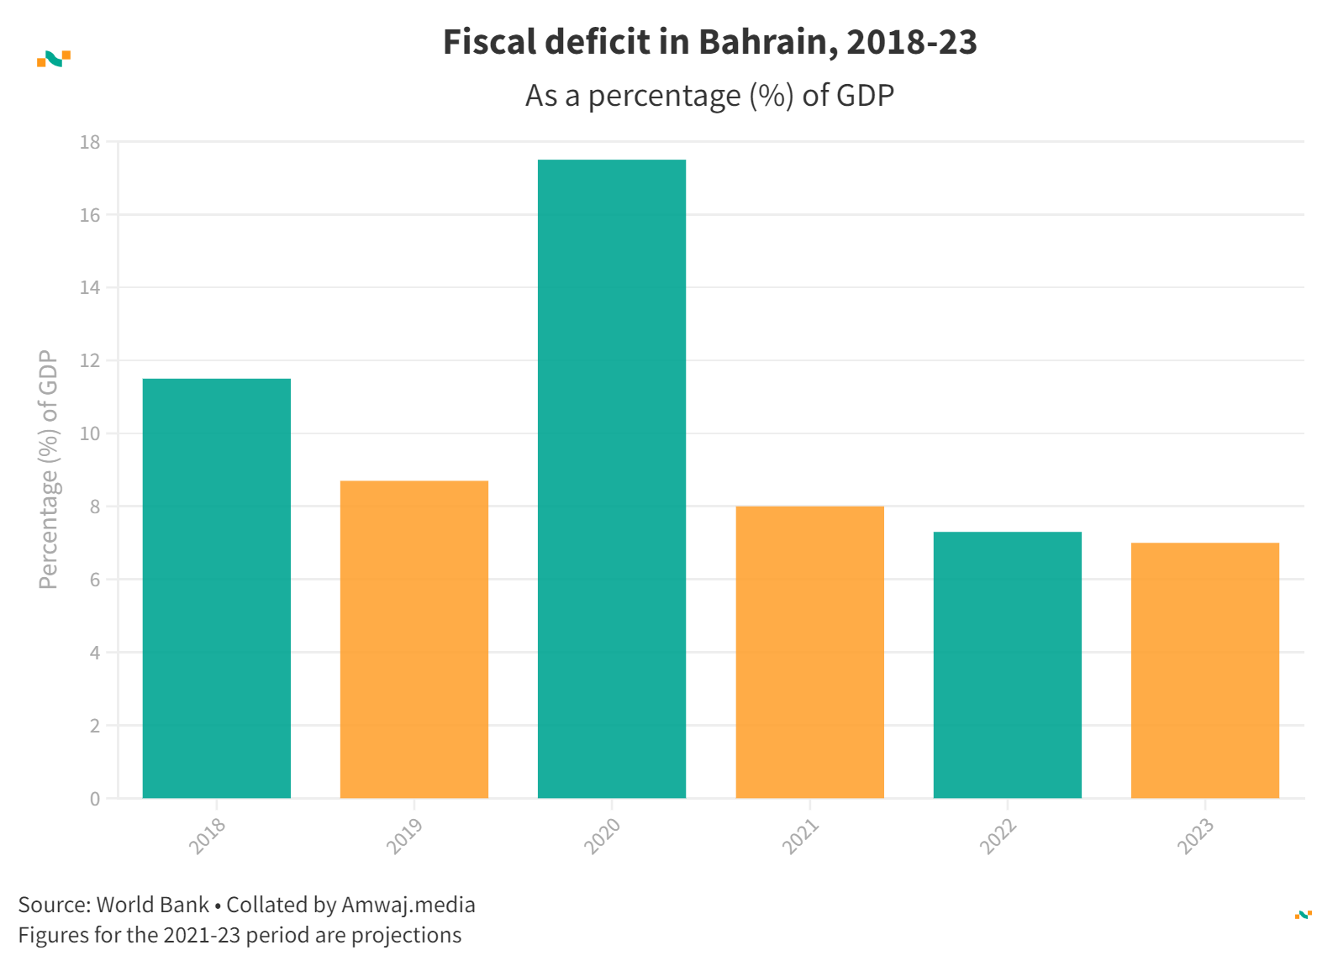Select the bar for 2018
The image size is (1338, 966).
point(217,588)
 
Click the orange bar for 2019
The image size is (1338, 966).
point(414,639)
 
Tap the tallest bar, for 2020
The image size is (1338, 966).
point(612,479)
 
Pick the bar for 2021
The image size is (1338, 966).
point(809,652)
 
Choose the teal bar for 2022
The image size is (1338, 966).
point(1007,664)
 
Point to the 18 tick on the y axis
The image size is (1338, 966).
point(90,143)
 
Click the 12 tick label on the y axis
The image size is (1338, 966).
point(90,361)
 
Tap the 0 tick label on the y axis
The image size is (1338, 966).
point(95,799)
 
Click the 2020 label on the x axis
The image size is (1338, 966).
point(603,836)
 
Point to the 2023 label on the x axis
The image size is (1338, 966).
point(1195,836)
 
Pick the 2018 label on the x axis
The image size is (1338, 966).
point(207,836)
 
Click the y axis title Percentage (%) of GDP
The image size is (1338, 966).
point(49,470)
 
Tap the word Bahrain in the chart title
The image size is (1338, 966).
point(767,42)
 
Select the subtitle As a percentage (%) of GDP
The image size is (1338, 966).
point(709,96)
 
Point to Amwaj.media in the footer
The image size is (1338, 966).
point(408,905)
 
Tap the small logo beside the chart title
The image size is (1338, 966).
point(54,59)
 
